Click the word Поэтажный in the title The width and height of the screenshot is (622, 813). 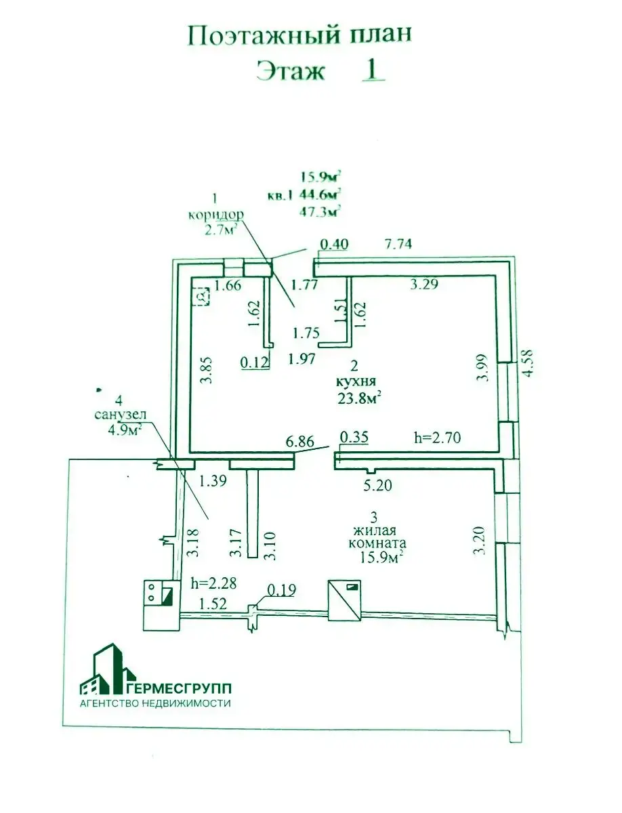[264, 35]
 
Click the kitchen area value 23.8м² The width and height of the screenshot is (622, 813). [359, 398]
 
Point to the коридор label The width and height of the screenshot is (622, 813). [216, 215]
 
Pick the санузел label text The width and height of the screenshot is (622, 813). [121, 415]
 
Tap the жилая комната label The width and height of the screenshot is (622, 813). [377, 537]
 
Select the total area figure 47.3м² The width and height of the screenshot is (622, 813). [320, 212]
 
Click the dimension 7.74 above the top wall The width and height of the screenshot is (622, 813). [398, 244]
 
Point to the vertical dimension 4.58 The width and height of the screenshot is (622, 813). [526, 362]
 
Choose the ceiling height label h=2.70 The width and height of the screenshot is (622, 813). [438, 438]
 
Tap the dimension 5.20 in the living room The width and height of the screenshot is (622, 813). [377, 485]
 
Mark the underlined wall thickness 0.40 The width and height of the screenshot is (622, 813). [334, 245]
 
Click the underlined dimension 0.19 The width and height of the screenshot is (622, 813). [282, 589]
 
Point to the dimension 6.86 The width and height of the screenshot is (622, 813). [300, 442]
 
